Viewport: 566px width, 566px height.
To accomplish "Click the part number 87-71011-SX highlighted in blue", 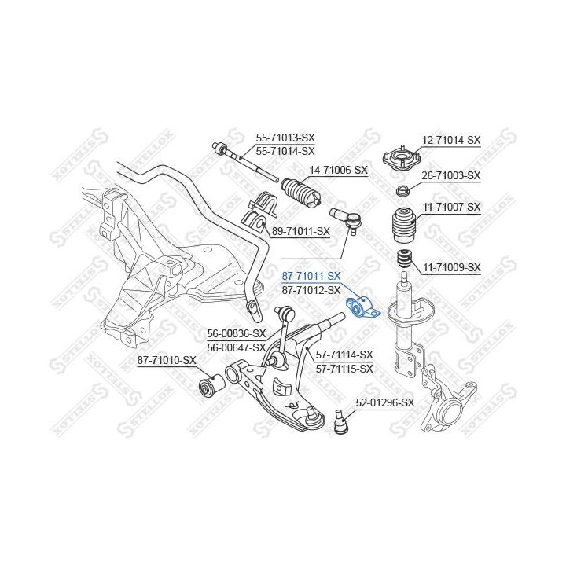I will [x=311, y=276].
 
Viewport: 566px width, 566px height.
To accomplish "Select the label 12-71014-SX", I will [x=450, y=140].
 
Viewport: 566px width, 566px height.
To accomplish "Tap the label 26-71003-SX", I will [x=450, y=175].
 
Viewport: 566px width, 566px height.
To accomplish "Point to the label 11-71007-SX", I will [x=450, y=207].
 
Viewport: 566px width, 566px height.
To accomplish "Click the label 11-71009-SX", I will [x=450, y=267].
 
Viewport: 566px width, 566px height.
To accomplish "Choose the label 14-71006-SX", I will [x=338, y=169].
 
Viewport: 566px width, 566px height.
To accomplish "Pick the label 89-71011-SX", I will [x=300, y=232].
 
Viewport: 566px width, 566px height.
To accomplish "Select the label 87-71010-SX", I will [x=167, y=360].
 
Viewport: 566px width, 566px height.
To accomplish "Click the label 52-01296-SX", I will [x=384, y=402].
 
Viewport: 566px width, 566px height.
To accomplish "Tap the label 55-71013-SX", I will [x=285, y=137].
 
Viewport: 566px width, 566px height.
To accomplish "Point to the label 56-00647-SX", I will [x=237, y=347].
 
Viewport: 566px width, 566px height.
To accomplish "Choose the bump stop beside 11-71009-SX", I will [x=403, y=259].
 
